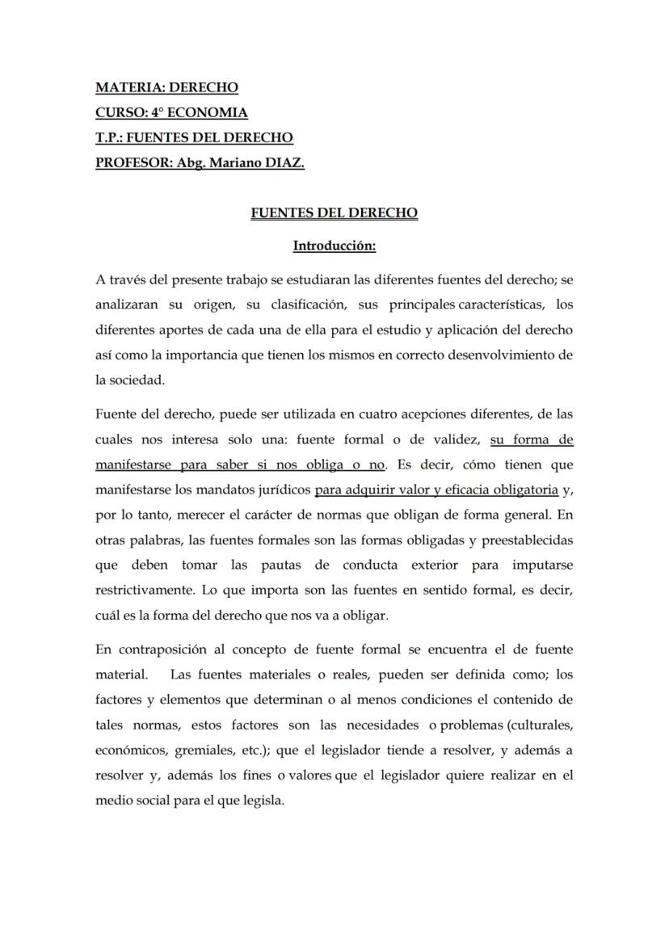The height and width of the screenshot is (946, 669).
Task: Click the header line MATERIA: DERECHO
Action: tap(166, 87)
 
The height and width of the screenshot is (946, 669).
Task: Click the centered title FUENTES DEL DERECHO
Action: tap(334, 213)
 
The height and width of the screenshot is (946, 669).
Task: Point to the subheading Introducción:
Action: tap(334, 245)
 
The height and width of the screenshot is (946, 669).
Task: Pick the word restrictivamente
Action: tap(147, 590)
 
